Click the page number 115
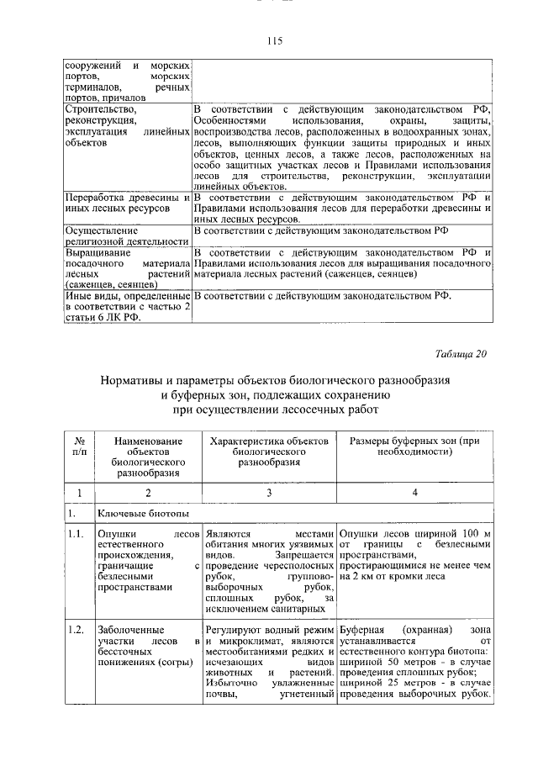tap(273, 40)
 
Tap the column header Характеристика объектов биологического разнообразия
tap(267, 451)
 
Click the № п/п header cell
tap(77, 446)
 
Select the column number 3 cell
tap(268, 494)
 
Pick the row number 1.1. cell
tap(76, 532)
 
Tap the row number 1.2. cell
tap(76, 628)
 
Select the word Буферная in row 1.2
tap(362, 628)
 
